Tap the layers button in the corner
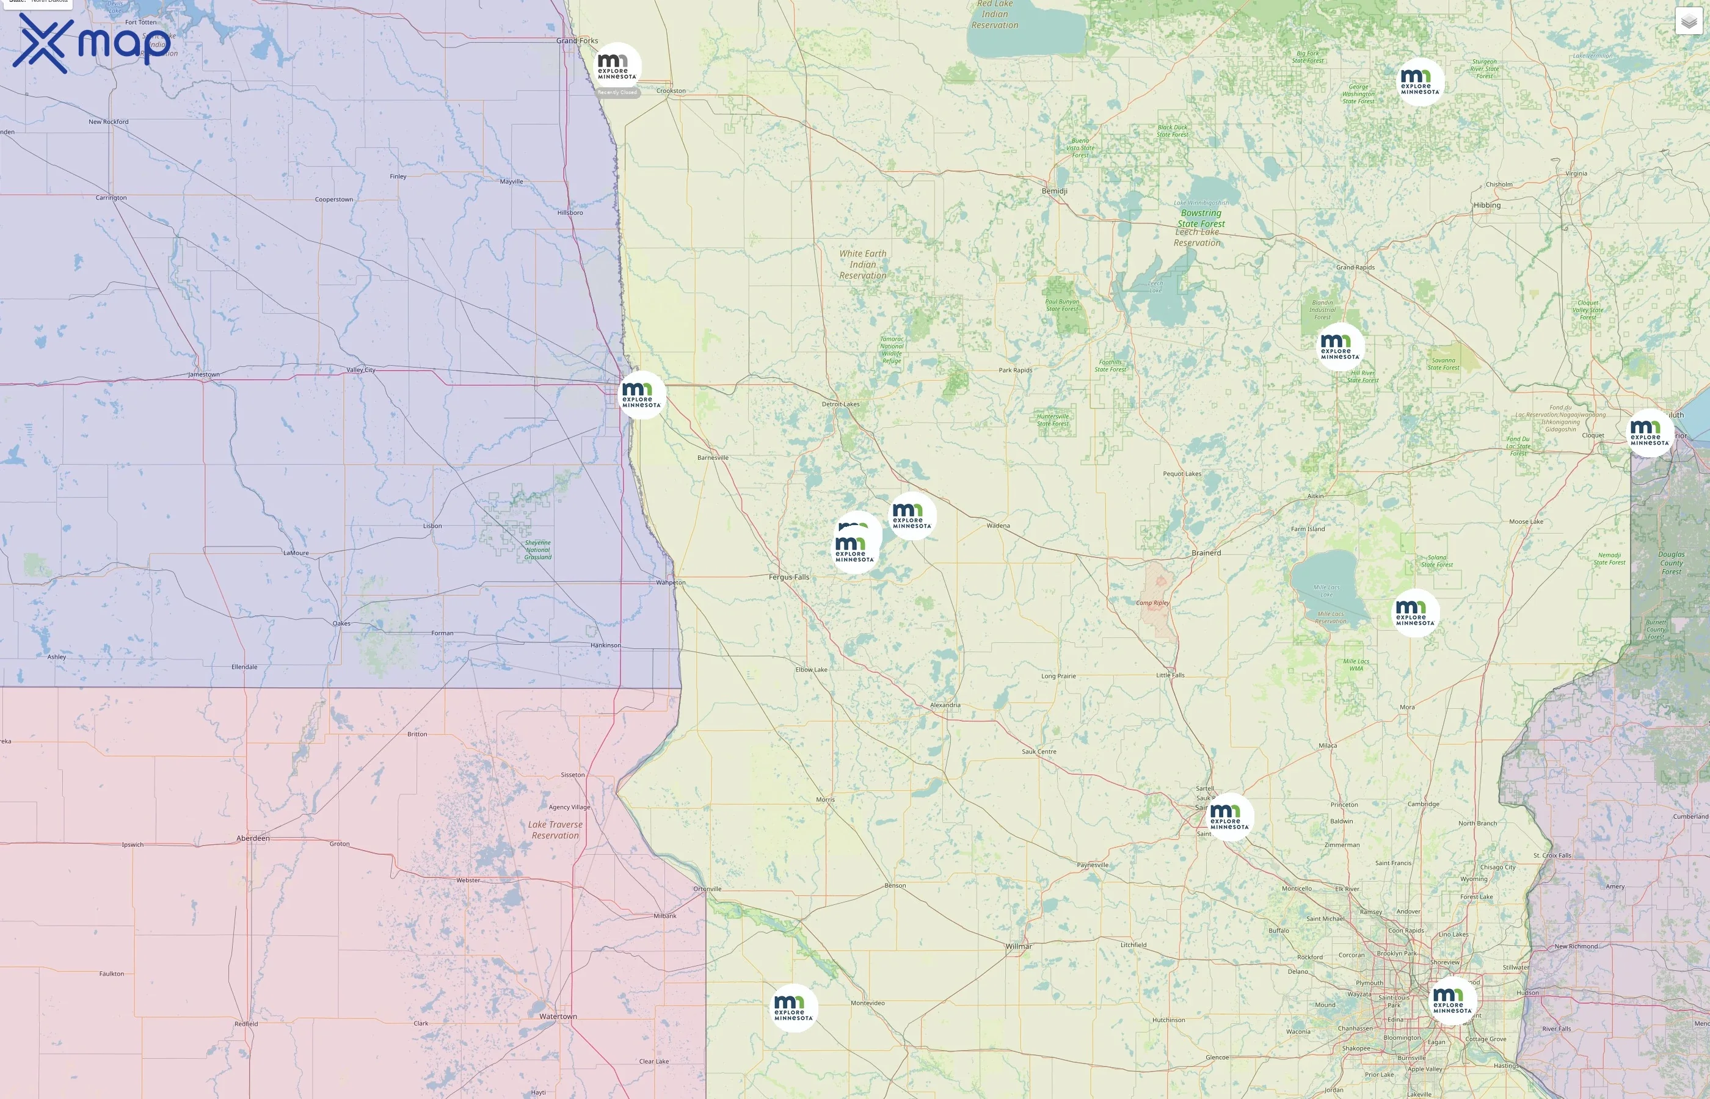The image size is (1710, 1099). (1688, 21)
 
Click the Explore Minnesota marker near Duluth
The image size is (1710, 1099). (1650, 433)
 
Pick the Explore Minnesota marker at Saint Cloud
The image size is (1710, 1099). (1229, 817)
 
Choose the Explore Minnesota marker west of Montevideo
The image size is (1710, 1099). (793, 1007)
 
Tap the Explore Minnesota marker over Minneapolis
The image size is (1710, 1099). (1452, 1001)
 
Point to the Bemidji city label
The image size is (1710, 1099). (1054, 191)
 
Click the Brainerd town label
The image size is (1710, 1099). (1206, 553)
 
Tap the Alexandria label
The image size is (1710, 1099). (945, 705)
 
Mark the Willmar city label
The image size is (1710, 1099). (1019, 946)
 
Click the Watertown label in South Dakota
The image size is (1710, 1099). (558, 1016)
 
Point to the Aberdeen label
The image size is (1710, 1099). (253, 838)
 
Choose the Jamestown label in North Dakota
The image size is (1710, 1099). (204, 375)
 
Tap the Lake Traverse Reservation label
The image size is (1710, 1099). (555, 830)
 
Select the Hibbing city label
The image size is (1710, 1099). (1486, 206)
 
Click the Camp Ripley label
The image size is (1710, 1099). (1152, 603)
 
